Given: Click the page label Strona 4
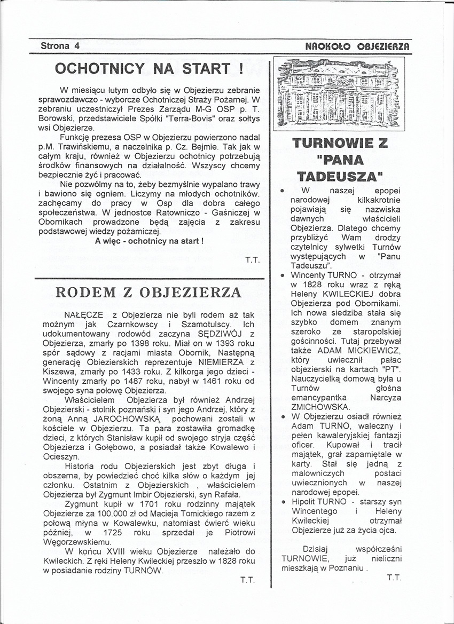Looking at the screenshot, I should coord(60,46).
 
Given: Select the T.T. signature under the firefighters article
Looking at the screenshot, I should coord(252,260).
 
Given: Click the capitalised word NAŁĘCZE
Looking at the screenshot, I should coord(81,315).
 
